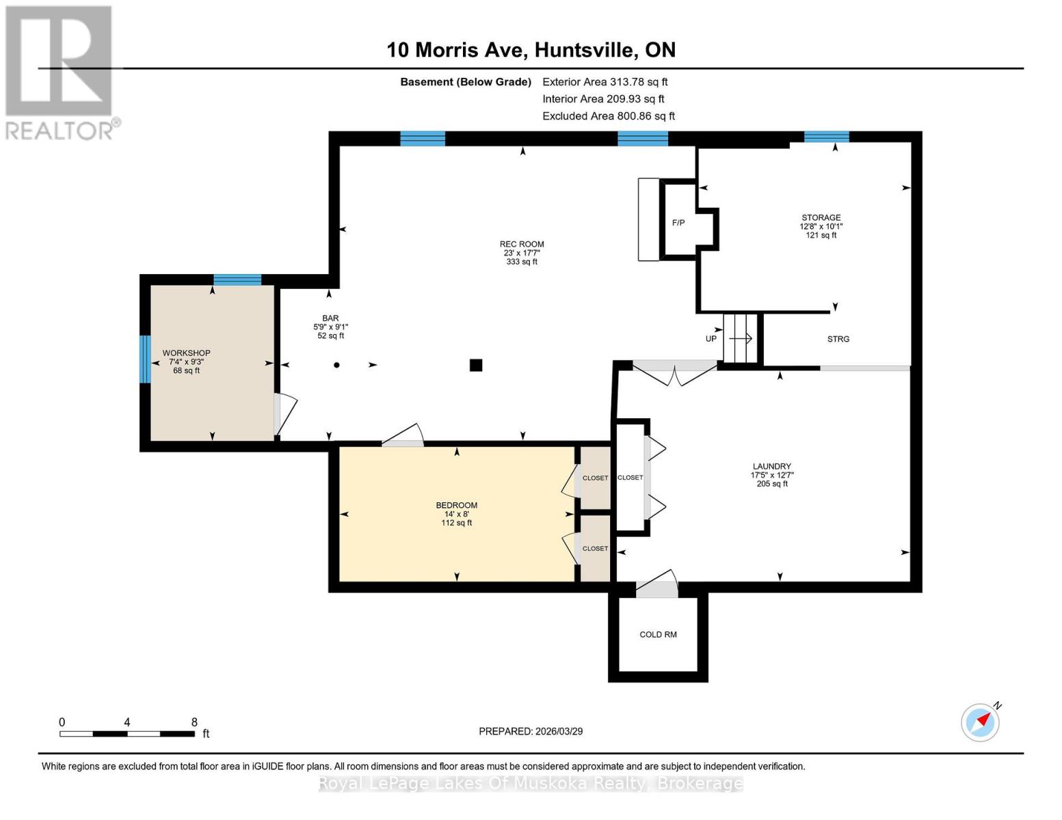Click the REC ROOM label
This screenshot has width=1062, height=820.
pyautogui.click(x=522, y=245)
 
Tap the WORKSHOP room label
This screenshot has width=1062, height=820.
pyautogui.click(x=186, y=353)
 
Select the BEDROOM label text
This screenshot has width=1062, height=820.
pyautogui.click(x=456, y=506)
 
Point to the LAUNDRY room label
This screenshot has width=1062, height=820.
pyautogui.click(x=771, y=467)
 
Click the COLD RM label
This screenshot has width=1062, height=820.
pyautogui.click(x=658, y=635)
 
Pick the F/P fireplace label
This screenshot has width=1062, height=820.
pyautogui.click(x=678, y=223)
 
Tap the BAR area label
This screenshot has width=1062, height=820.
pyautogui.click(x=330, y=318)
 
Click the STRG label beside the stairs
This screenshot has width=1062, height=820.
pyautogui.click(x=838, y=339)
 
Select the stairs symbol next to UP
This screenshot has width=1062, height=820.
pyautogui.click(x=741, y=338)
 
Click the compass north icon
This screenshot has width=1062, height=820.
pyautogui.click(x=981, y=722)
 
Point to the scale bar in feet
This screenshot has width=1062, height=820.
pyautogui.click(x=127, y=733)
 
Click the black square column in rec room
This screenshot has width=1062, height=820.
pyautogui.click(x=476, y=365)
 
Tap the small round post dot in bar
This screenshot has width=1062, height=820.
pyautogui.click(x=336, y=365)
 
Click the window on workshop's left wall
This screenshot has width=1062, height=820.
pyautogui.click(x=145, y=359)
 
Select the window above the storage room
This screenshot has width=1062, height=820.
pyautogui.click(x=826, y=137)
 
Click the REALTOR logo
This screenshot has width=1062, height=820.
pyautogui.click(x=60, y=72)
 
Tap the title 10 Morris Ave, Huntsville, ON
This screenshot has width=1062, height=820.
pyautogui.click(x=531, y=50)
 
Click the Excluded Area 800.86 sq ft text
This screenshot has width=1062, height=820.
pyautogui.click(x=608, y=116)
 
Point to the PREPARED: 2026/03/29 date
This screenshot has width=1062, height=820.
pyautogui.click(x=531, y=731)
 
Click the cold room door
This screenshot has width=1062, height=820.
pyautogui.click(x=657, y=585)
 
